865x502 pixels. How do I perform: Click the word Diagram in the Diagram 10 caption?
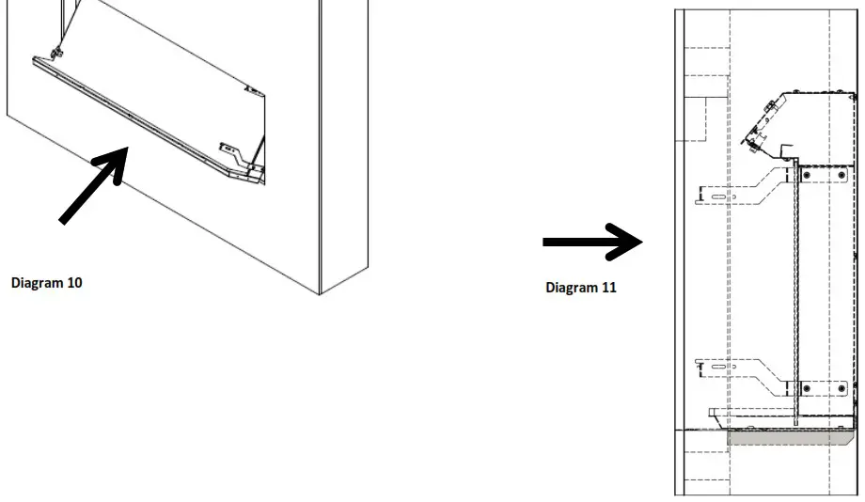(x=38, y=281)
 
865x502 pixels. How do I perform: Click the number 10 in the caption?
(x=74, y=281)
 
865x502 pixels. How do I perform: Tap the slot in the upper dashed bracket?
(x=719, y=197)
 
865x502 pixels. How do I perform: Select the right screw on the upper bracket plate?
(x=840, y=174)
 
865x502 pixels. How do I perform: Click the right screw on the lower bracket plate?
(x=840, y=387)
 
